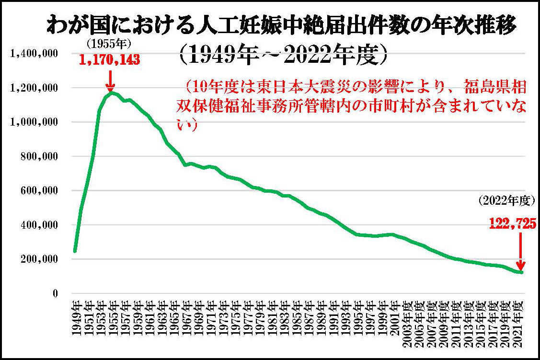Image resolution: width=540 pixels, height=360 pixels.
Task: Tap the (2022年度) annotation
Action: (x=506, y=201)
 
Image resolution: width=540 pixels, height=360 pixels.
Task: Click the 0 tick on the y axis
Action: (x=55, y=293)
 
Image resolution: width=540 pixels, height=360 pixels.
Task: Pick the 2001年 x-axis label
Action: (x=395, y=319)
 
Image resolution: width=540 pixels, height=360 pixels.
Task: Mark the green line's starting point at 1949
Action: (x=75, y=251)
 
